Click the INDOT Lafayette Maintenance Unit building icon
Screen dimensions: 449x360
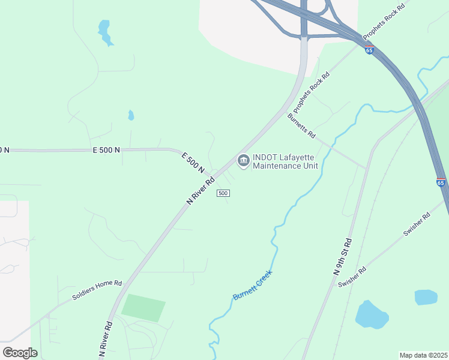pyautogui.click(x=243, y=160)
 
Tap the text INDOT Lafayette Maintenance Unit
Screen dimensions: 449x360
pyautogui.click(x=285, y=162)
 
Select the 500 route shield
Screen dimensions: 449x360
pyautogui.click(x=223, y=193)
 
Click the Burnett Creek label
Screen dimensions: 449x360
pyautogui.click(x=252, y=285)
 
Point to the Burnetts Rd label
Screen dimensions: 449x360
pyautogui.click(x=301, y=126)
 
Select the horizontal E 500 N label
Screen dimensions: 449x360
pyautogui.click(x=106, y=149)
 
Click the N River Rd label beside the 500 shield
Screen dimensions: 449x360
pyautogui.click(x=200, y=191)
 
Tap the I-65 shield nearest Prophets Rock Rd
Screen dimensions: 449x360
pyautogui.click(x=369, y=50)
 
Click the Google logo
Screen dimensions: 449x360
pyautogui.click(x=20, y=353)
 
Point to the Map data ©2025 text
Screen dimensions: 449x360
pyautogui.click(x=423, y=355)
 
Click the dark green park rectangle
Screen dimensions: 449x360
pyautogui.click(x=143, y=308)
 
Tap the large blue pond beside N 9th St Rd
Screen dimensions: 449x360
pyautogui.click(x=373, y=316)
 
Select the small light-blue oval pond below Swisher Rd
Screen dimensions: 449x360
pyautogui.click(x=426, y=297)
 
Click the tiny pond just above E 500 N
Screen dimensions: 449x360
pyautogui.click(x=131, y=115)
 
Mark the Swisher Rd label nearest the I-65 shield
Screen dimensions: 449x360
pyautogui.click(x=417, y=224)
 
